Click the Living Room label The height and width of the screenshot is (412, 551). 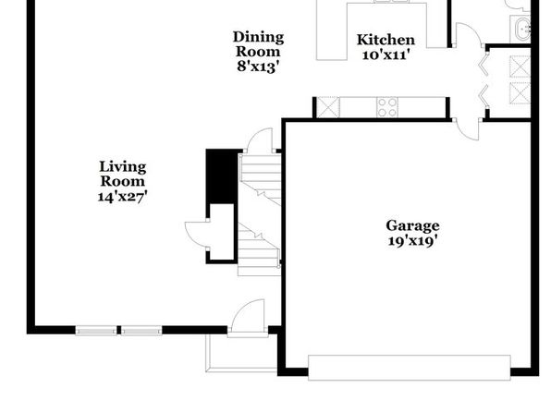point(123,174)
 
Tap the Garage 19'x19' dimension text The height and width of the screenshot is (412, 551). point(412,241)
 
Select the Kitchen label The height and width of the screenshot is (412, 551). point(386,40)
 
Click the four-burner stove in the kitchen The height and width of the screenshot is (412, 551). point(387,107)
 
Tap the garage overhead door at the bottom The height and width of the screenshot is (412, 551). point(410,368)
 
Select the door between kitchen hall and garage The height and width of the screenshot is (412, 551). point(468,129)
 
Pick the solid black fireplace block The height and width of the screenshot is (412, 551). point(221,176)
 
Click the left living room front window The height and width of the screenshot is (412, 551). point(96,331)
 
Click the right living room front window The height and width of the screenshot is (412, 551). point(141,331)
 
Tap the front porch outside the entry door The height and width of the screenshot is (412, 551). point(242,353)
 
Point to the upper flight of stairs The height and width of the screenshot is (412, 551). point(260,178)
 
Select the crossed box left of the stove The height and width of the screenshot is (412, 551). point(328,107)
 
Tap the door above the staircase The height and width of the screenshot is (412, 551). point(260,140)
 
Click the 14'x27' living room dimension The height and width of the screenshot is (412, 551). point(122,196)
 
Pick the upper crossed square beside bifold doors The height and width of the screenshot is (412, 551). point(520,67)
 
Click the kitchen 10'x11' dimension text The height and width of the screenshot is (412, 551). point(386,55)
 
